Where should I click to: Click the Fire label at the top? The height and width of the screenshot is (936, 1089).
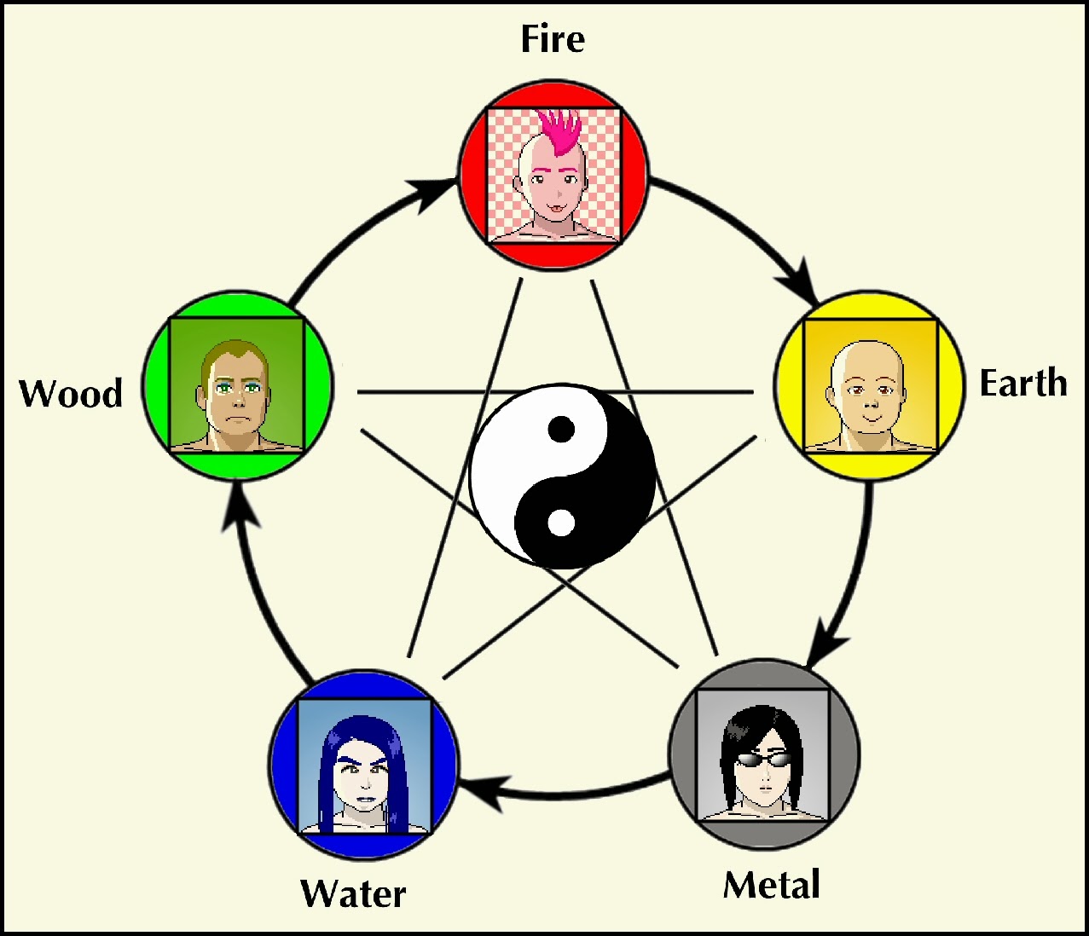(553, 39)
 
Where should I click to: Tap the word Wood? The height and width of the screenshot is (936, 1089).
(71, 393)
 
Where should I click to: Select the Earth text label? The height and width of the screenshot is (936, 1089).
(1022, 383)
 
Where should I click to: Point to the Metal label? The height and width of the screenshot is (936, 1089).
(772, 885)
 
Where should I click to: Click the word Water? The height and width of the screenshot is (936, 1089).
(353, 893)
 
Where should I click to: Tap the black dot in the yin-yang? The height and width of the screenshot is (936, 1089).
(560, 429)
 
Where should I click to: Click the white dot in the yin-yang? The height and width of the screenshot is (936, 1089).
(560, 522)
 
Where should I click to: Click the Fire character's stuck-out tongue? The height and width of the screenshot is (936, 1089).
(553, 207)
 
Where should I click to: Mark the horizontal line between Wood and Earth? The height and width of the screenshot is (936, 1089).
(554, 392)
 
